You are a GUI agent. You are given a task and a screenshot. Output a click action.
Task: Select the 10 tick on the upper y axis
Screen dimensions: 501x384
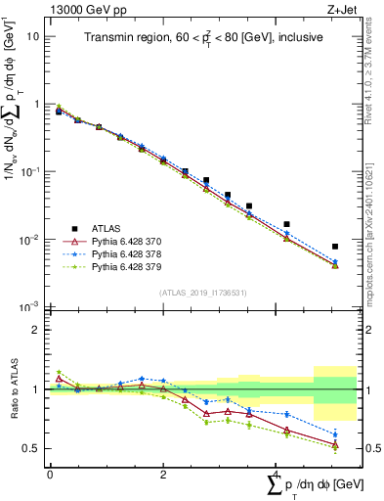coord(33,36)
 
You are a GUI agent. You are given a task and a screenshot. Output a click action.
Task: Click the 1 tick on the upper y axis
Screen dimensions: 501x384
coord(36,104)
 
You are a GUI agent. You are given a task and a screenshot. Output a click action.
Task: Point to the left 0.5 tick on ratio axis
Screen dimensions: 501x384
coord(32,448)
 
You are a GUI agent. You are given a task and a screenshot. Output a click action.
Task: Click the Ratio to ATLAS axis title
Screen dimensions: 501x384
coord(13,388)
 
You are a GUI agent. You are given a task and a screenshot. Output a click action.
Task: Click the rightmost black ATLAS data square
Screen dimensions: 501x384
coord(335,247)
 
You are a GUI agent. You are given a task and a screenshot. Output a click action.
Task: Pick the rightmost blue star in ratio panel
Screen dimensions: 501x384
coord(335,434)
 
